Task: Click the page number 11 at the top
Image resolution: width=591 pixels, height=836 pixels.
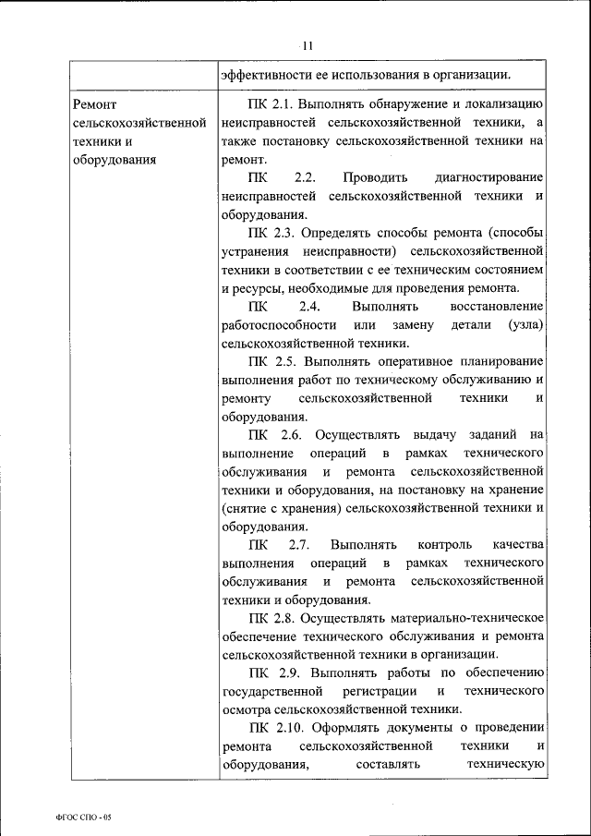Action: [308, 44]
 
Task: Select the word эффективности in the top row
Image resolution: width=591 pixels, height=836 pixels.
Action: [262, 74]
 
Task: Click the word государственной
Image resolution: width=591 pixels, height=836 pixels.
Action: [272, 691]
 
